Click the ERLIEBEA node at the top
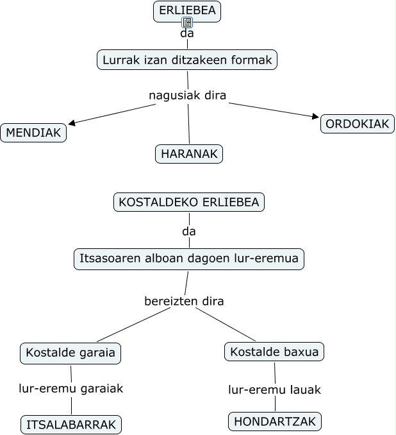tap(187, 10)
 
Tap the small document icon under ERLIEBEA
tap(187, 22)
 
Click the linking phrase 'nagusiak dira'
tap(188, 96)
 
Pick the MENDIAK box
tap(33, 133)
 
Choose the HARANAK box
tap(189, 154)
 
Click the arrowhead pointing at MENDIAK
tap(72, 123)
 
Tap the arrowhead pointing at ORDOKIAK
tap(315, 117)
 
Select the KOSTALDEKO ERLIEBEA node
tap(189, 202)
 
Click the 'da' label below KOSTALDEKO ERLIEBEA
tap(189, 231)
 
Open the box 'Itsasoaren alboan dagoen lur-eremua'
tap(189, 259)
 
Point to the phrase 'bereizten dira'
tap(184, 300)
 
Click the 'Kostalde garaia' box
tap(71, 352)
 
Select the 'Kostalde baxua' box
tap(274, 352)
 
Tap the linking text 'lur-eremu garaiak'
tap(71, 388)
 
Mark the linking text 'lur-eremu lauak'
tap(275, 389)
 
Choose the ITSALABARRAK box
tap(71, 425)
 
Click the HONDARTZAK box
tap(275, 422)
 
